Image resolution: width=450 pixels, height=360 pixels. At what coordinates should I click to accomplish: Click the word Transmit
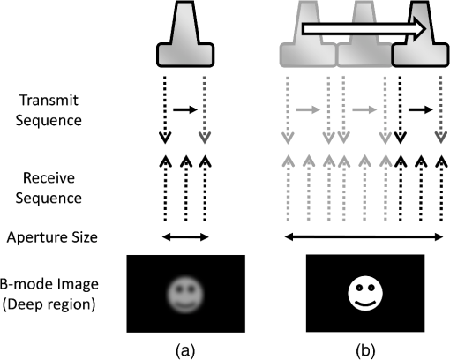coord(49,100)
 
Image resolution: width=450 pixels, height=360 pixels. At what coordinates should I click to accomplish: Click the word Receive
coord(49,178)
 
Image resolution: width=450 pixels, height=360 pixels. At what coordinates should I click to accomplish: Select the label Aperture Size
coord(52,237)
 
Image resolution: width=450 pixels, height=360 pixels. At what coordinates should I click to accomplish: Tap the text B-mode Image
coord(49,284)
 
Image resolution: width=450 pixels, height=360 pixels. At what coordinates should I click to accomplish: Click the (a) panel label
coord(185,350)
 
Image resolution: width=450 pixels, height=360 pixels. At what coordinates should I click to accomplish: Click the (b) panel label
coord(365,350)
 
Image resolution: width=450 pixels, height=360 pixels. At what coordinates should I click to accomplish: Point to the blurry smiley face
coord(185,295)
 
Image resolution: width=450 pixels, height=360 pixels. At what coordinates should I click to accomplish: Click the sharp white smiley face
coord(365,293)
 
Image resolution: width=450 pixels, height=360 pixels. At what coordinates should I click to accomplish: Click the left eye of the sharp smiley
coord(359,287)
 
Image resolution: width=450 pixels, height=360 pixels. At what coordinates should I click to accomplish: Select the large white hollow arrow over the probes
coord(364,29)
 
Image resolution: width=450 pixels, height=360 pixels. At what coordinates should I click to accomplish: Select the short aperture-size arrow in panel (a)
coord(185,237)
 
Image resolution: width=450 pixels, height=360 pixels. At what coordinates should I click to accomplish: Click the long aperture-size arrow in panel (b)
coord(364,236)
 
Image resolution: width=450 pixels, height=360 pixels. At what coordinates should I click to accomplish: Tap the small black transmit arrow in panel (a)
coord(185,110)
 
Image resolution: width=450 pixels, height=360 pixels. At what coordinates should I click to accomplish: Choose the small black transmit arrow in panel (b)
coord(421,110)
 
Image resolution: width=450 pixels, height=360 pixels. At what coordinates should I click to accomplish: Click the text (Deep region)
coord(49,304)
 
